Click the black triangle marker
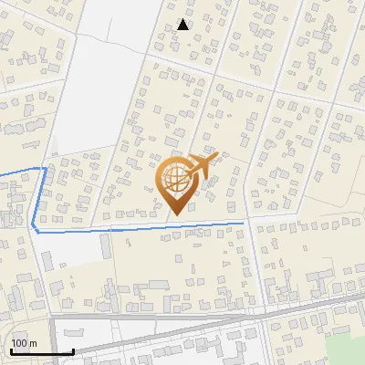coord(183,25)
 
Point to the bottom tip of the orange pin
coord(176,214)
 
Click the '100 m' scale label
coord(24,343)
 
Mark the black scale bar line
coord(42,351)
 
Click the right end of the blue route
coord(244,221)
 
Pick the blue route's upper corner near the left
coord(46,168)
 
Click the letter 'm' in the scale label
coord(33,343)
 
